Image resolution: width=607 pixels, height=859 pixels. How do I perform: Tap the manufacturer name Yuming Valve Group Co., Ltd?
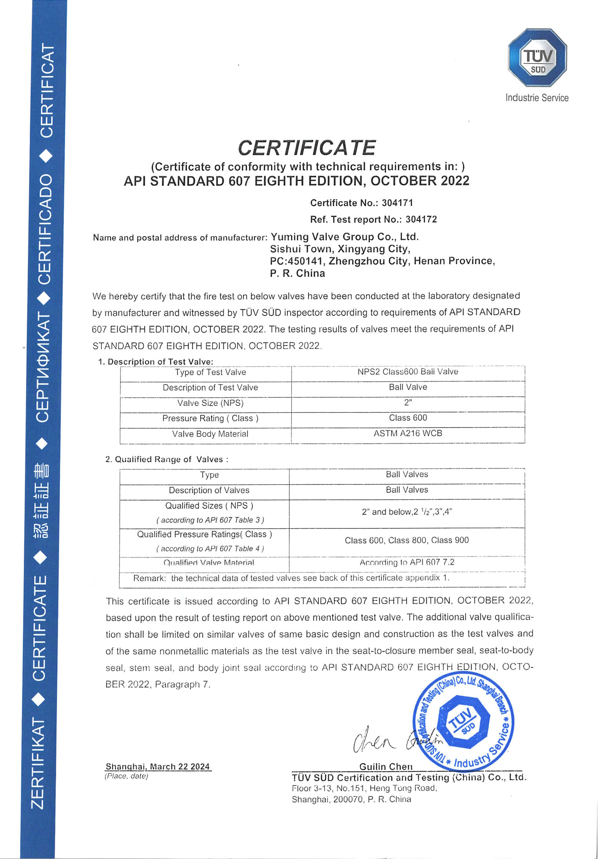pos(344,237)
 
